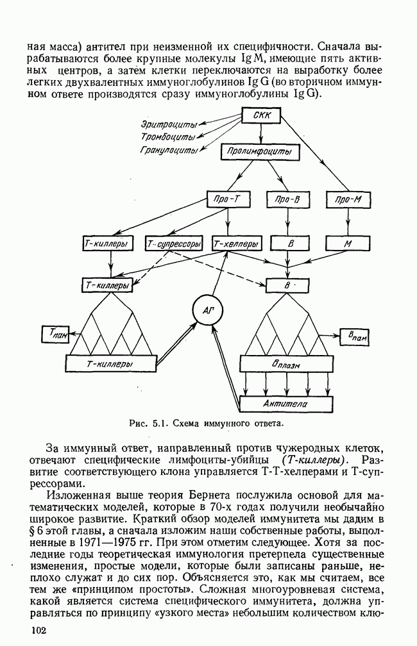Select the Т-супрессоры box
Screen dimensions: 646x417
pyautogui.click(x=174, y=244)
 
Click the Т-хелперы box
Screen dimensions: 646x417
pyautogui.click(x=237, y=244)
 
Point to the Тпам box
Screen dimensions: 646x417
pyautogui.click(x=56, y=333)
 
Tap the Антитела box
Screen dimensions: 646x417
pyautogui.click(x=286, y=404)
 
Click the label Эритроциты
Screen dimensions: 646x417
pyautogui.click(x=169, y=124)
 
